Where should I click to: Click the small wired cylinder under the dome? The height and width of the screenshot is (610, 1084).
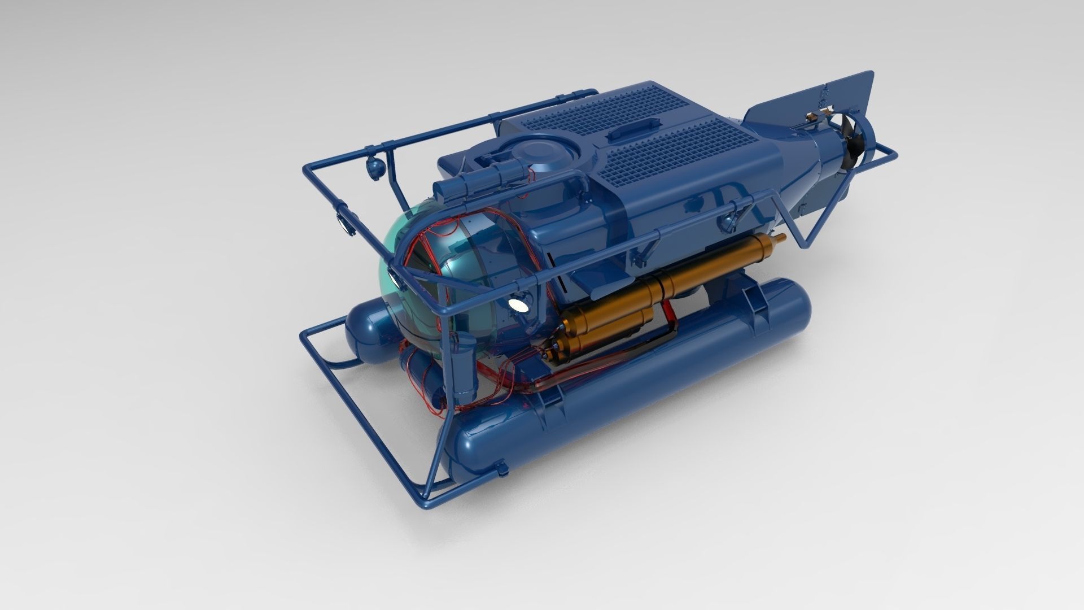coord(421,376)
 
